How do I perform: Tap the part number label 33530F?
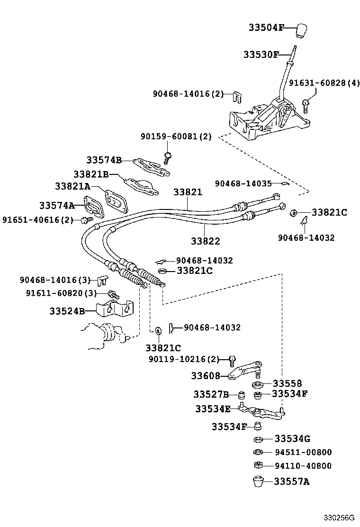[261, 55]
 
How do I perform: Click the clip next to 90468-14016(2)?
[235, 96]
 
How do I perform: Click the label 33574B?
[104, 160]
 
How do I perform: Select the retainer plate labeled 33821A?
[115, 201]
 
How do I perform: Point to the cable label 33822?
[206, 241]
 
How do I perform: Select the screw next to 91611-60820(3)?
[113, 294]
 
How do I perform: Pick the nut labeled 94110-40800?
[259, 465]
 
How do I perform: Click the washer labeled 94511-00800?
[259, 452]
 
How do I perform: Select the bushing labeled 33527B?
[241, 394]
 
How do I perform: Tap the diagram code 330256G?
[340, 517]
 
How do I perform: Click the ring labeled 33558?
[259, 384]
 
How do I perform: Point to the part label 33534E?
[213, 409]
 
